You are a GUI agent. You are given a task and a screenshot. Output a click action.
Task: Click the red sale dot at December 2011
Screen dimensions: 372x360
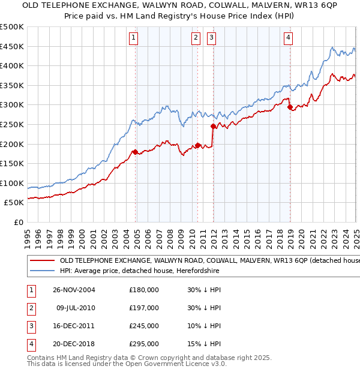213,126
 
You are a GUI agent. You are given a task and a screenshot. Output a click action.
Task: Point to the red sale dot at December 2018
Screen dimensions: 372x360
290,107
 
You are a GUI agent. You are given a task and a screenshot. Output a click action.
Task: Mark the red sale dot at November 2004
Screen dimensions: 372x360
136,152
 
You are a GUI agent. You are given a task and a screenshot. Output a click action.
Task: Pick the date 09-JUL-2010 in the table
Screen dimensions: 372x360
76,308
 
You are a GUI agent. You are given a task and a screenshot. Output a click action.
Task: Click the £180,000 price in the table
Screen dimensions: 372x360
144,290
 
